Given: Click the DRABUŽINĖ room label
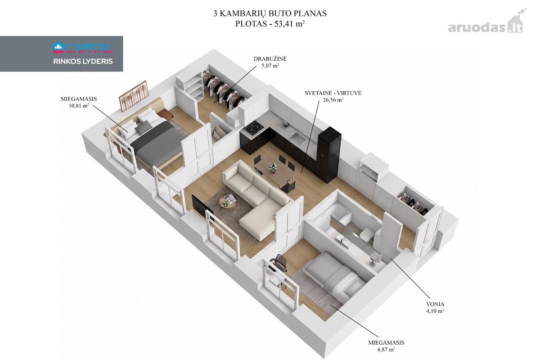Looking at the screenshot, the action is tap(270, 59).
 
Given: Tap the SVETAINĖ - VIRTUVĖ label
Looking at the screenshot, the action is tap(333, 93).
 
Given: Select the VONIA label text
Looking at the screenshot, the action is tap(435, 304).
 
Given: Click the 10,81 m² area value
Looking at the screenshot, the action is tap(79, 106).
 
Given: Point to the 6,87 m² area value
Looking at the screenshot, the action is tap(386, 349).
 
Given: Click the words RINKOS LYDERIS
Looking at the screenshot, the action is tap(83, 62).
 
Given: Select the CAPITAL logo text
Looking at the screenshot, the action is tap(82, 48).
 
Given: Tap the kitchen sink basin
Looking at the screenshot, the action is tap(297, 138).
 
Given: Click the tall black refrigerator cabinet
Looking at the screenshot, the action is tap(329, 154).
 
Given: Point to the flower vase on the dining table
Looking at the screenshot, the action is tap(273, 167).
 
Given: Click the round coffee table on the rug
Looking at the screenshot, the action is tap(228, 201).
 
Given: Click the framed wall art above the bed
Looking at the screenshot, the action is tap(133, 96).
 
